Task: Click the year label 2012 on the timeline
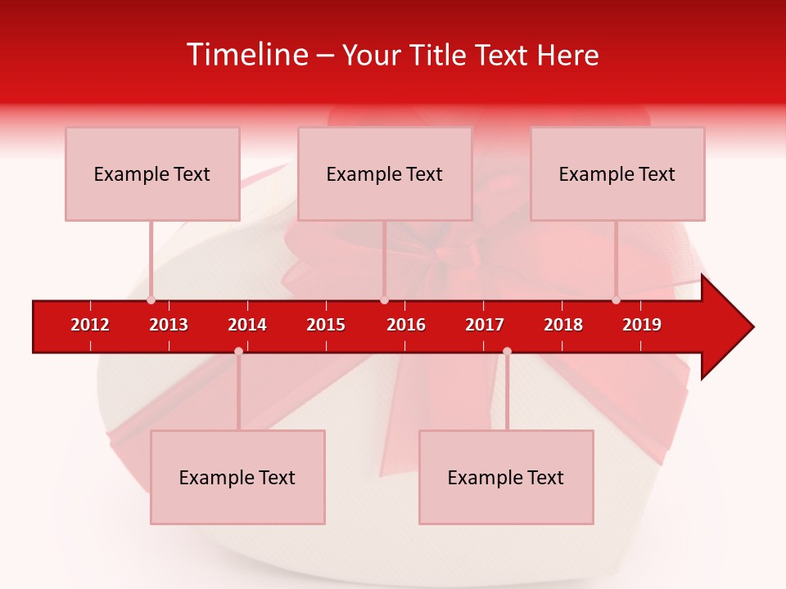90,325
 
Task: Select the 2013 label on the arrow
169,325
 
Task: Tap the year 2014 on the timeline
247,325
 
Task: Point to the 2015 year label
326,325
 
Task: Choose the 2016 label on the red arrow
406,325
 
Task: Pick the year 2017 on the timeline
485,325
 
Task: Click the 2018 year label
563,325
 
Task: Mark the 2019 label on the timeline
642,325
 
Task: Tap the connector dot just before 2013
151,300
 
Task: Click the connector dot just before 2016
384,300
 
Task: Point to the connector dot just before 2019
616,300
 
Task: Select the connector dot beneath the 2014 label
238,351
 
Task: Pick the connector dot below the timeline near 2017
507,351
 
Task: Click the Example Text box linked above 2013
152,173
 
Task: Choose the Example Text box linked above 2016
385,173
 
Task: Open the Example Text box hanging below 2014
237,477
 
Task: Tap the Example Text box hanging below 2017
506,477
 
